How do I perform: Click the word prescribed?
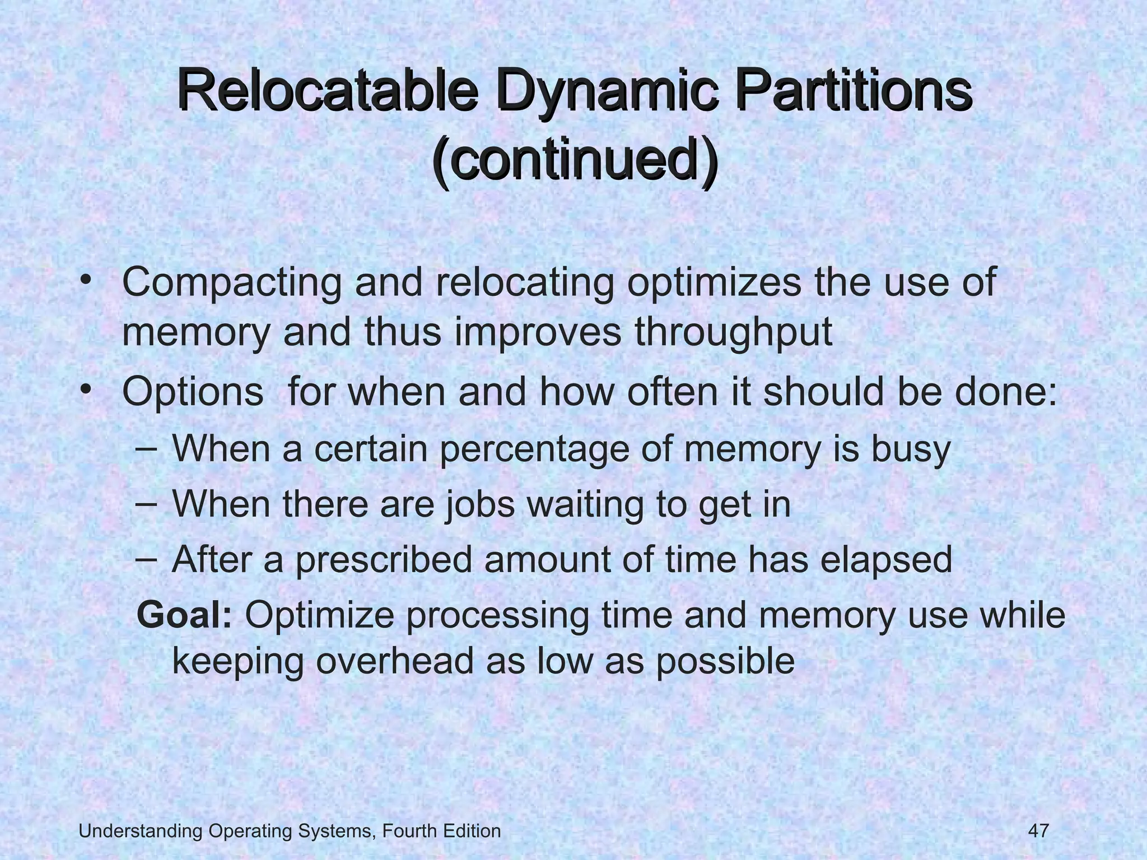click(384, 559)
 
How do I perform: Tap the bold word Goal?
click(185, 615)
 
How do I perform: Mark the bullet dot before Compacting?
click(86, 280)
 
